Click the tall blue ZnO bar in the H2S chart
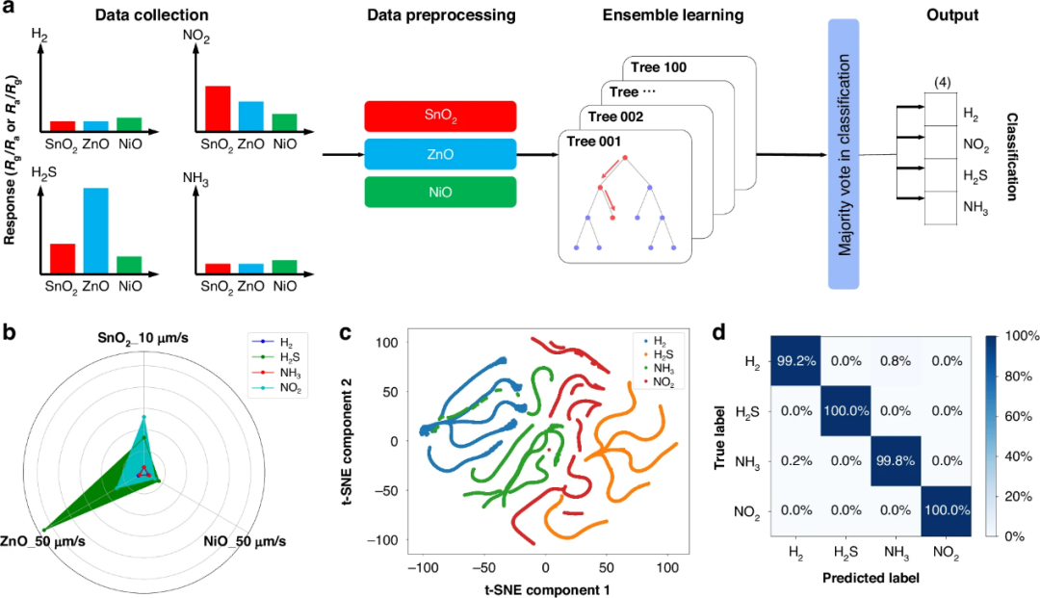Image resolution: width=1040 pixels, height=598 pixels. [95, 231]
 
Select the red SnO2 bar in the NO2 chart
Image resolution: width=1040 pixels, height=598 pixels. [218, 108]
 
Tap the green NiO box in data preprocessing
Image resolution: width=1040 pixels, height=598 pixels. [440, 193]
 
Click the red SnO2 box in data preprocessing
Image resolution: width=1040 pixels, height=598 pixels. [440, 117]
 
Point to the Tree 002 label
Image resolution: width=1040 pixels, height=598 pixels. [615, 117]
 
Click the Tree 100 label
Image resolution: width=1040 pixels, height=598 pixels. [659, 67]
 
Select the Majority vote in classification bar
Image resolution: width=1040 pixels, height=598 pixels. [844, 154]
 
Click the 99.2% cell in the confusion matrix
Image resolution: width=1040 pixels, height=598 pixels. [796, 361]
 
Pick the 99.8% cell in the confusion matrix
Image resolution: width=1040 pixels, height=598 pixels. [896, 460]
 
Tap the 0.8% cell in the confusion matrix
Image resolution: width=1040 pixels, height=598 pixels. [896, 361]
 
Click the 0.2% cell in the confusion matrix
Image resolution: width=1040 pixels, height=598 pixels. [796, 460]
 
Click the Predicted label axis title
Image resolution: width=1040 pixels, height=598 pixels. [871, 578]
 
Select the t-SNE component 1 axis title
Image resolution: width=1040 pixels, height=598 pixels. [547, 589]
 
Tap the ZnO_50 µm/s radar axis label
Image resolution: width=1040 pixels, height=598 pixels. [43, 541]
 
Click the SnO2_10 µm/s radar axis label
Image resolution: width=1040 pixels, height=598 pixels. [143, 339]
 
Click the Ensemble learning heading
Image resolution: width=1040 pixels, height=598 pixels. [673, 15]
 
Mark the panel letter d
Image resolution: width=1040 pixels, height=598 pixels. [719, 331]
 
